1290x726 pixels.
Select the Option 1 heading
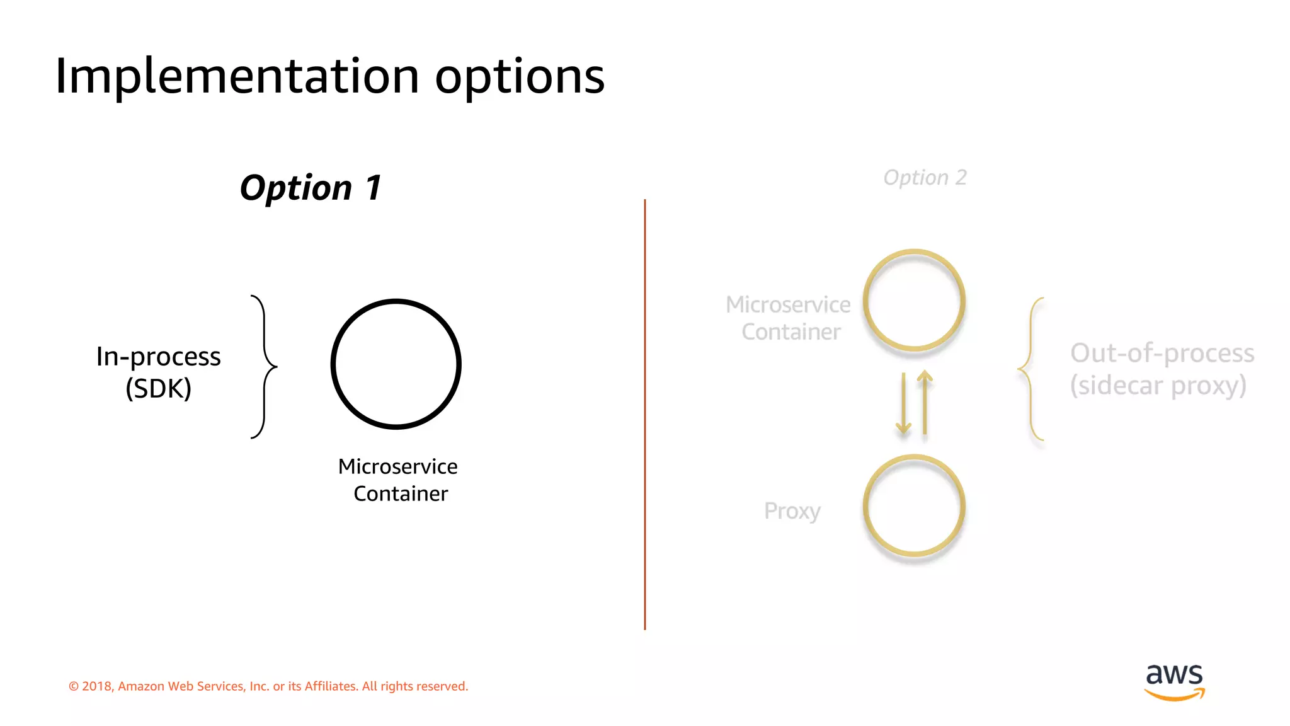coord(311,188)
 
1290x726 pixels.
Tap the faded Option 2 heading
coord(925,178)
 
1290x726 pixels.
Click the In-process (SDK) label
coord(158,372)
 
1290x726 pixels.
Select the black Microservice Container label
coord(399,480)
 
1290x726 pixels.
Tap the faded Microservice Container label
coord(789,318)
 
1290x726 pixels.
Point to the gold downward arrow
coord(903,403)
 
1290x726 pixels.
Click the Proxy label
coord(792,510)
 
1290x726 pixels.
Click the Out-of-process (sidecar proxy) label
coord(1162,369)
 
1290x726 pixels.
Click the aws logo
coord(1174,681)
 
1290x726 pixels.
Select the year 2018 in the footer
coord(96,686)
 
